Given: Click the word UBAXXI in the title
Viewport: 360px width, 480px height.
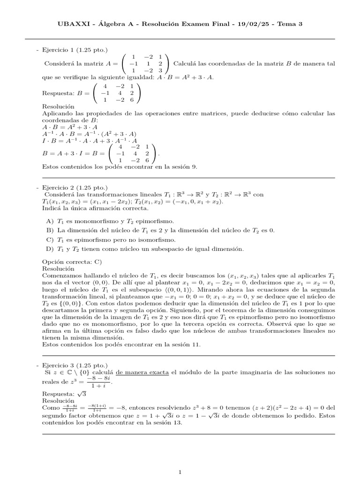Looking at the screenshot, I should (72, 23).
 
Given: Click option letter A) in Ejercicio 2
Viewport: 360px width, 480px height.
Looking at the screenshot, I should (50, 221).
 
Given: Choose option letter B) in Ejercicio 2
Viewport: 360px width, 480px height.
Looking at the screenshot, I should (50, 230).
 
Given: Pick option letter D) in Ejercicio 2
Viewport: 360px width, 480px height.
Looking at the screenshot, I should (50, 248).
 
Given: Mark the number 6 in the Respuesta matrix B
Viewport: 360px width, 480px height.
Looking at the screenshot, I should (133, 100).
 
